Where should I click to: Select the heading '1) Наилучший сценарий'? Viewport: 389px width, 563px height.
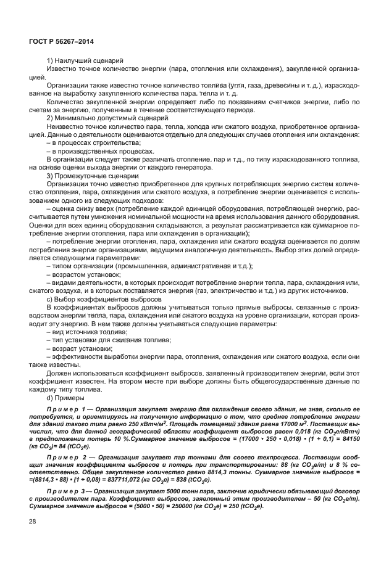(x=85, y=60)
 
